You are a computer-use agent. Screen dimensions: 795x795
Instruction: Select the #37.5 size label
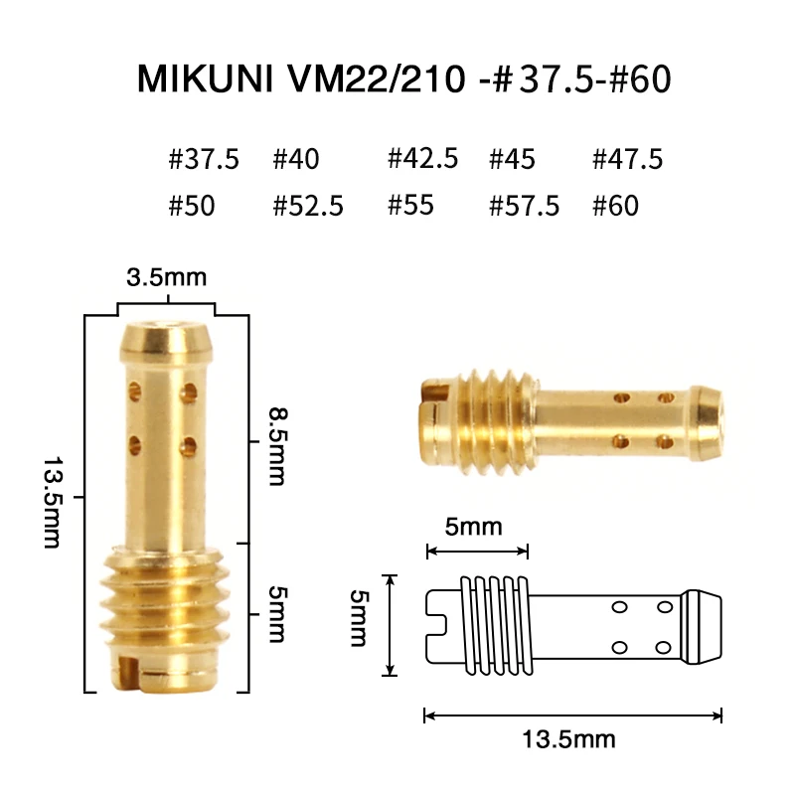205,159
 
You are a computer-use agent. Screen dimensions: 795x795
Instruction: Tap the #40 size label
296,159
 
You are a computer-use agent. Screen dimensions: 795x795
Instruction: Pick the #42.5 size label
422,159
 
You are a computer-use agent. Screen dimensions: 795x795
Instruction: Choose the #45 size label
513,159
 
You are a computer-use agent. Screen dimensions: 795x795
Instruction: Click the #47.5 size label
627,159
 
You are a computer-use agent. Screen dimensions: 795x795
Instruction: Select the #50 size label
192,207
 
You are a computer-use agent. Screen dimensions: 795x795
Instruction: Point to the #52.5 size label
308,207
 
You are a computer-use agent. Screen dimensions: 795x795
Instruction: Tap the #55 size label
409,207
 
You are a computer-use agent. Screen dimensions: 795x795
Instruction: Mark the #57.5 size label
525,207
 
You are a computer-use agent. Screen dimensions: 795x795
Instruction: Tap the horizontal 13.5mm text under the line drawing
568,740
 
